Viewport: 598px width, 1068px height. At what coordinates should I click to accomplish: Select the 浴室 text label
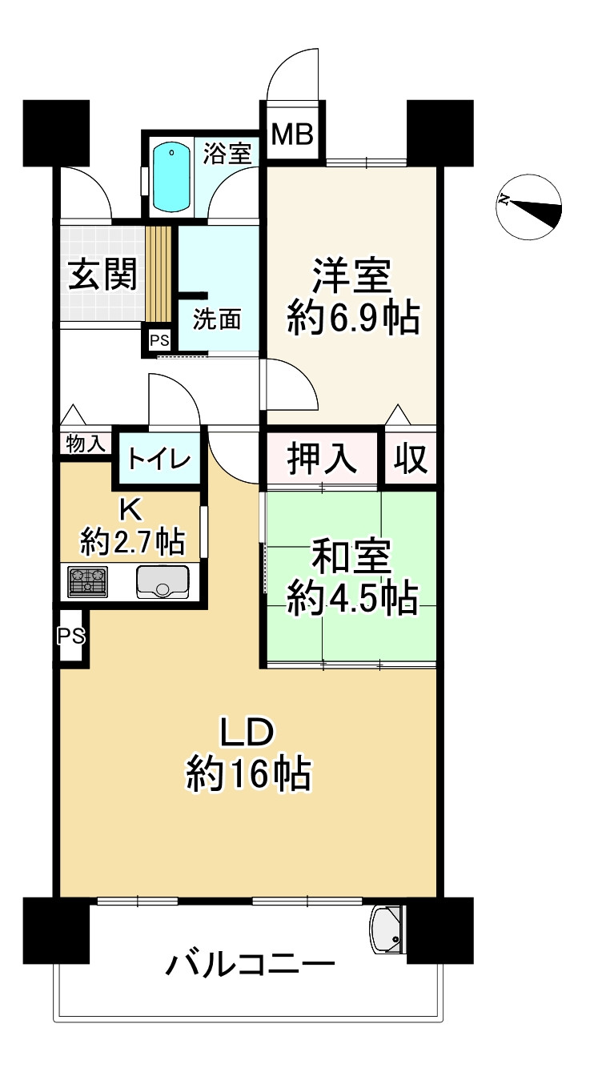click(x=227, y=153)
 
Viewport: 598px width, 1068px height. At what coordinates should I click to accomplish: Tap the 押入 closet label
click(x=322, y=459)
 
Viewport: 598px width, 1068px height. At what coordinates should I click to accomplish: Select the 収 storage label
click(x=411, y=459)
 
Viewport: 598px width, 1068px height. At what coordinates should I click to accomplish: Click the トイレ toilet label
click(x=159, y=460)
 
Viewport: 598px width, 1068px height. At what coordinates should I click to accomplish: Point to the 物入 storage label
click(x=86, y=444)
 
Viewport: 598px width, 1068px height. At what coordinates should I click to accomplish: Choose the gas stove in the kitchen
click(x=88, y=582)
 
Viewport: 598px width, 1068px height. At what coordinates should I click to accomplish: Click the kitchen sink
click(x=163, y=582)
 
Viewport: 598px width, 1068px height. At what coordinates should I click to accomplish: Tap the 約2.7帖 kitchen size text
click(x=133, y=544)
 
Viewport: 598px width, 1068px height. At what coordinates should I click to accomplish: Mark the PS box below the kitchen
click(x=71, y=636)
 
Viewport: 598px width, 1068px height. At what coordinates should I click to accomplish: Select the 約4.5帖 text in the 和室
click(x=352, y=599)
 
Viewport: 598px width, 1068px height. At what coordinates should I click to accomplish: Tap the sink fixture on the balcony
click(x=388, y=929)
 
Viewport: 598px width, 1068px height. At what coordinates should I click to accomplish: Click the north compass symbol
click(x=528, y=207)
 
